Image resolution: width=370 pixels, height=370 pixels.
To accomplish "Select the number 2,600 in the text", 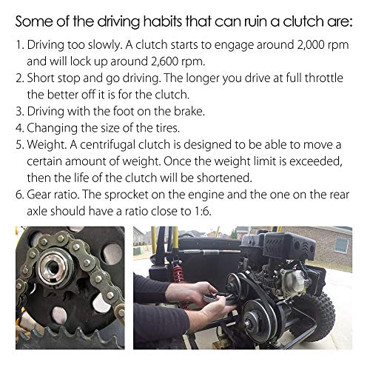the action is coord(164,61).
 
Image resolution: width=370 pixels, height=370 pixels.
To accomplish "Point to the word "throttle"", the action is coord(323,78).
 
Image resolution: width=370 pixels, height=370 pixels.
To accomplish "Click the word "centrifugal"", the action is coord(107,145).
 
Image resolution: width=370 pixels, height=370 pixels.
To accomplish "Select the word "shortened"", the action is coord(223,178).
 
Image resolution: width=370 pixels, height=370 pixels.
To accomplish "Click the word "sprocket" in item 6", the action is coord(126,195).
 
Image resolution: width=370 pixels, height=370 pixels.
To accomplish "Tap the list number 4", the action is coord(18,128).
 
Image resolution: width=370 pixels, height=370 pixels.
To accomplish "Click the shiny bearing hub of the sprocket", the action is coord(53,266).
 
